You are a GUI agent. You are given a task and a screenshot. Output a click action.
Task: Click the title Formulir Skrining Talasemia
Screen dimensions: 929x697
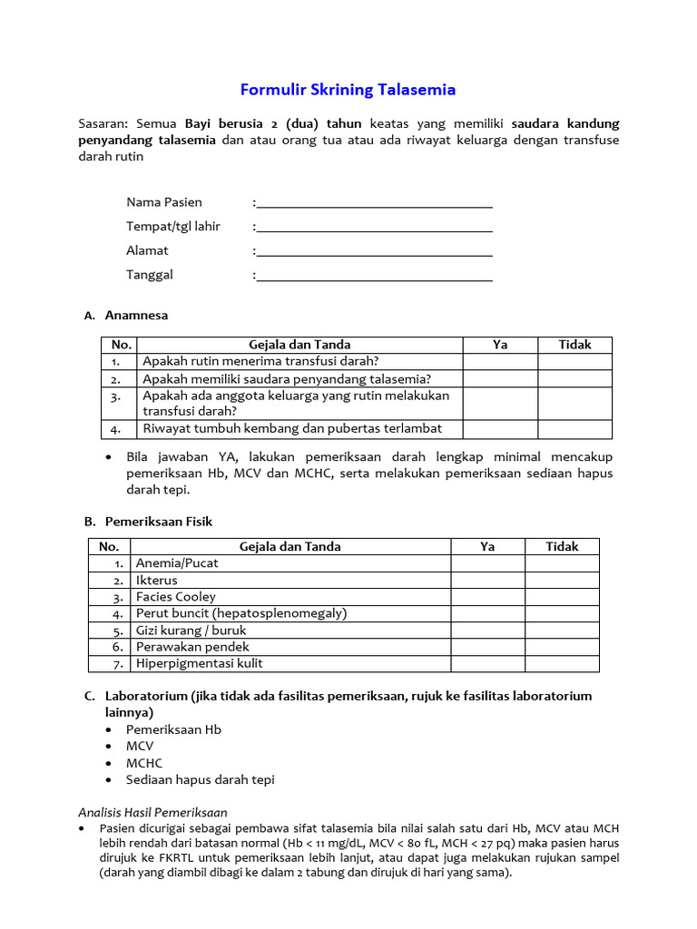pos(348,90)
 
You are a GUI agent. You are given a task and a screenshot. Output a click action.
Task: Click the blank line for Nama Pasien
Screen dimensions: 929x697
pos(374,202)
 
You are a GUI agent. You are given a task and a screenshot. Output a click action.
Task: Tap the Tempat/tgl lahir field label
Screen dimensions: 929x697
pos(173,226)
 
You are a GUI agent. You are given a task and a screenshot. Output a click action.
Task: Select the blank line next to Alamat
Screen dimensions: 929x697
pos(374,250)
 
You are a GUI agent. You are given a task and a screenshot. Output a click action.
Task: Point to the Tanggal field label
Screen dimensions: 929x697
pos(150,274)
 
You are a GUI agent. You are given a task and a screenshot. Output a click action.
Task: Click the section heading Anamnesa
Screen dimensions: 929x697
pos(136,316)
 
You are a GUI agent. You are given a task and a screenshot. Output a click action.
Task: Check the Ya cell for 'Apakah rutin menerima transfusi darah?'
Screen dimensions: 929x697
pos(500,361)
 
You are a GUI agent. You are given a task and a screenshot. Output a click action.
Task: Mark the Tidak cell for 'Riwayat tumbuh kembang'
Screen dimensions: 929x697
pos(574,428)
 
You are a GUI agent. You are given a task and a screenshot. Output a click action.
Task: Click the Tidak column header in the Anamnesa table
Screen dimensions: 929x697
pos(574,345)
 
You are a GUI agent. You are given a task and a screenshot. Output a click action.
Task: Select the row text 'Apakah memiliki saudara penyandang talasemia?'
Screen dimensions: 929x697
pos(287,378)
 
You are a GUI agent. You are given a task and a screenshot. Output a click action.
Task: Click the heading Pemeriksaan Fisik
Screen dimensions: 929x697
pos(159,522)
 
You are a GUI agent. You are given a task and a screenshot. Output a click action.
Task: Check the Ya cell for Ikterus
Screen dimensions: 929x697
pos(487,580)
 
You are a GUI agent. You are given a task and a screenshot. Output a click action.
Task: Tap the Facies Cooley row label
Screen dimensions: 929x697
pos(176,597)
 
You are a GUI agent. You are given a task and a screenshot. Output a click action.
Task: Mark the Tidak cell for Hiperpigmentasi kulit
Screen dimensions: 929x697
pos(562,663)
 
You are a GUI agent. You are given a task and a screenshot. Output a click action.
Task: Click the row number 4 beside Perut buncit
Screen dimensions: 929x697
pos(118,613)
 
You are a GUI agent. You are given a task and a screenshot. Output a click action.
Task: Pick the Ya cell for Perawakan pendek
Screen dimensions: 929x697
pos(487,647)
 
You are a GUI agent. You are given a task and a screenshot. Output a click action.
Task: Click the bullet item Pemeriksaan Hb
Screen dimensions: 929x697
pos(173,729)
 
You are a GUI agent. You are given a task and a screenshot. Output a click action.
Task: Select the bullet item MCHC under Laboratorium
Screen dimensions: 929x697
pos(144,763)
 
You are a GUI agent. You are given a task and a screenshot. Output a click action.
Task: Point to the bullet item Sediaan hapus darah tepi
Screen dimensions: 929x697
pos(200,779)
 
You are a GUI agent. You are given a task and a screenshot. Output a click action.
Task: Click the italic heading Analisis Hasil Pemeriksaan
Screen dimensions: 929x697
pos(152,812)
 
